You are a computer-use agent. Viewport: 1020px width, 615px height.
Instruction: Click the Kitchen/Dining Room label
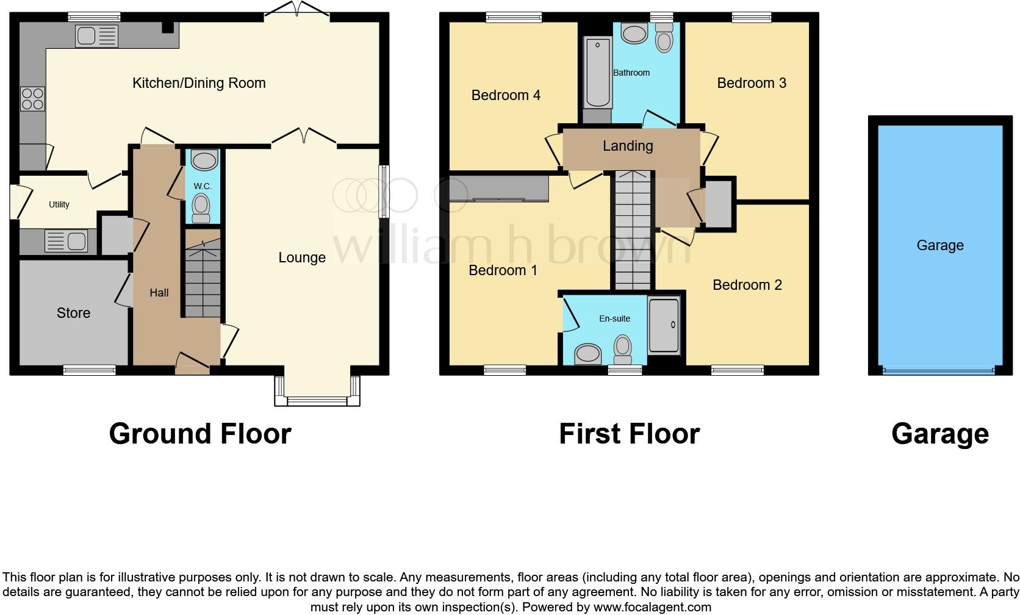[x=199, y=83]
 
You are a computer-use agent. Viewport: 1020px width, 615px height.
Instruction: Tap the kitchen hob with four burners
[x=32, y=99]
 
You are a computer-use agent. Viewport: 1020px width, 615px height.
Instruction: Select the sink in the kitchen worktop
[x=96, y=36]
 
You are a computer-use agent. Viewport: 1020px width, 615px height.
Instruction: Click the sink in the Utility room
[x=66, y=242]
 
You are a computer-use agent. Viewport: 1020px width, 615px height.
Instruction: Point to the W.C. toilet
[x=201, y=207]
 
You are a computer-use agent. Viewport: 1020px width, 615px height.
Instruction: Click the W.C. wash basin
[x=204, y=161]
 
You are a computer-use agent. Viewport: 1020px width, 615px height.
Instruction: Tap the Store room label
[x=73, y=313]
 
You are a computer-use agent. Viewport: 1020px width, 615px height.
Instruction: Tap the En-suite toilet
[x=623, y=348]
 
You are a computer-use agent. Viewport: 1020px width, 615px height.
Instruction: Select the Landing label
[x=628, y=146]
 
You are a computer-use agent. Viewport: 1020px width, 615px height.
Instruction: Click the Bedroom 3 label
[x=752, y=83]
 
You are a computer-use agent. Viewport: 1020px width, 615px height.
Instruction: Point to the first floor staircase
[x=633, y=232]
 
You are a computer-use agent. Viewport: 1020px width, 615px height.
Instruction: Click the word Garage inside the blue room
[x=940, y=245]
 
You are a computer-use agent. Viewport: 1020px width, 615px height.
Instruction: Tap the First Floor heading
[x=629, y=434]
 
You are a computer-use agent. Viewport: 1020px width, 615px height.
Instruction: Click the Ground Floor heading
[x=200, y=434]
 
